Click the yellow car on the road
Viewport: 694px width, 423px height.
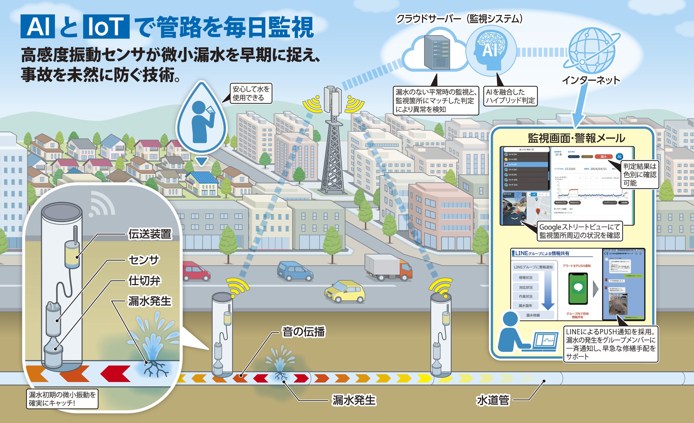coord(345,292)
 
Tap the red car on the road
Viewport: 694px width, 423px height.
coord(196,271)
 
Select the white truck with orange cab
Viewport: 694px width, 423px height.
coord(388,267)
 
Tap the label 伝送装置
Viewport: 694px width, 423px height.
coord(150,234)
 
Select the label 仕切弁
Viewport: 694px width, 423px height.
coord(144,281)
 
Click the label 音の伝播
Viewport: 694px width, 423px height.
coord(303,332)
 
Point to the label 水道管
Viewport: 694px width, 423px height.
coord(493,400)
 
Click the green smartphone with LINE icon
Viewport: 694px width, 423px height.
coord(578,288)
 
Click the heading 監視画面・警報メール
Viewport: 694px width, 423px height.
coord(576,138)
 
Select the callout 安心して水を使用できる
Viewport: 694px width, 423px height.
coord(251,93)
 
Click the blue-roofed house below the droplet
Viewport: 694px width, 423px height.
coord(202,183)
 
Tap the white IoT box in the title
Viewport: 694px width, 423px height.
coord(106,27)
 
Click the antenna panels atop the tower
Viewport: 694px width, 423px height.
coord(332,99)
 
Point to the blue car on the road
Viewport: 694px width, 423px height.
coord(295,271)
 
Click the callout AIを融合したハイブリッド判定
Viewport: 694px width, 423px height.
coord(510,96)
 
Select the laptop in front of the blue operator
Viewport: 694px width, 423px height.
coord(545,341)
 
